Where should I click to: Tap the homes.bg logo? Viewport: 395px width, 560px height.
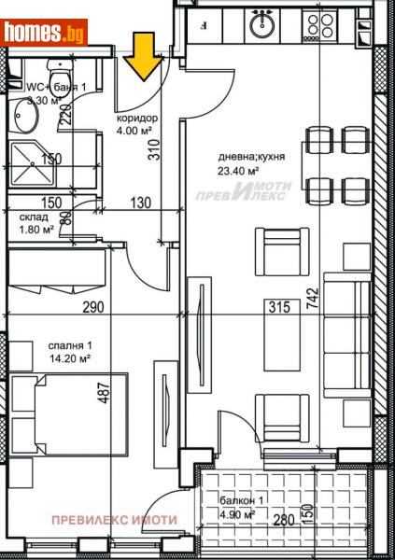(x=44, y=34)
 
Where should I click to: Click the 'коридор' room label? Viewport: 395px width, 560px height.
(x=136, y=119)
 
